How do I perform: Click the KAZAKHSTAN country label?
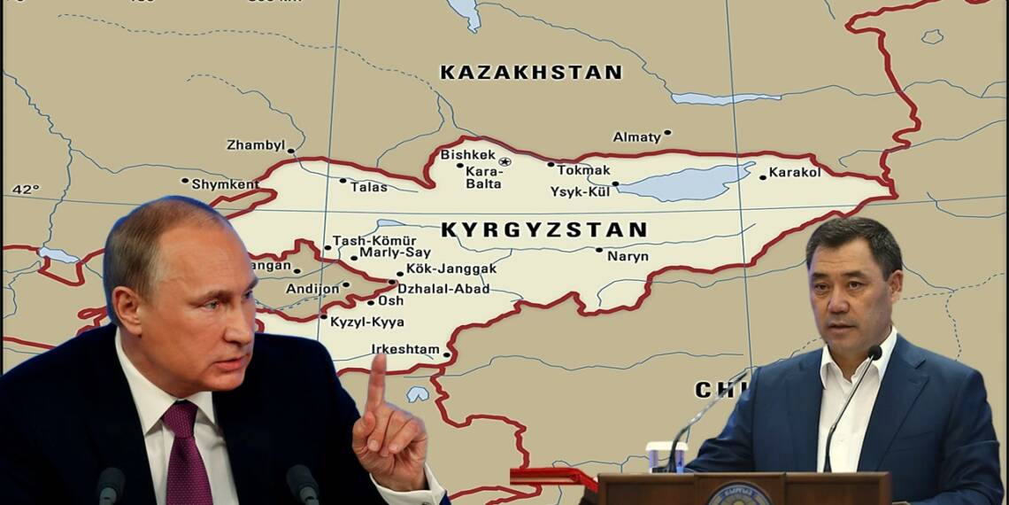click(x=531, y=73)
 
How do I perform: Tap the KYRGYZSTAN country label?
click(x=543, y=230)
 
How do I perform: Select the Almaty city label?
click(x=637, y=137)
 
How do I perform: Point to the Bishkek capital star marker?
click(x=504, y=161)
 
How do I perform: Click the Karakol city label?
click(x=794, y=172)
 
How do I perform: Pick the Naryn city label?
click(x=628, y=255)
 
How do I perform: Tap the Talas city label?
click(x=368, y=187)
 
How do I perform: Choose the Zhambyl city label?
click(x=255, y=144)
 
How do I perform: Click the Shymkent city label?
click(x=226, y=184)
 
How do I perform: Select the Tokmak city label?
click(x=583, y=169)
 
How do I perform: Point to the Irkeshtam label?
click(x=404, y=349)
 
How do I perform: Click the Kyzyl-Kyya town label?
click(x=366, y=322)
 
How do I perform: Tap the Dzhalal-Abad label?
click(x=443, y=288)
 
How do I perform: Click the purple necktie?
click(x=182, y=452)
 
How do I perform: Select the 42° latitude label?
click(x=26, y=189)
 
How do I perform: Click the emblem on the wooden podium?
click(x=738, y=493)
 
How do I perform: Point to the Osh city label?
click(x=390, y=301)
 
